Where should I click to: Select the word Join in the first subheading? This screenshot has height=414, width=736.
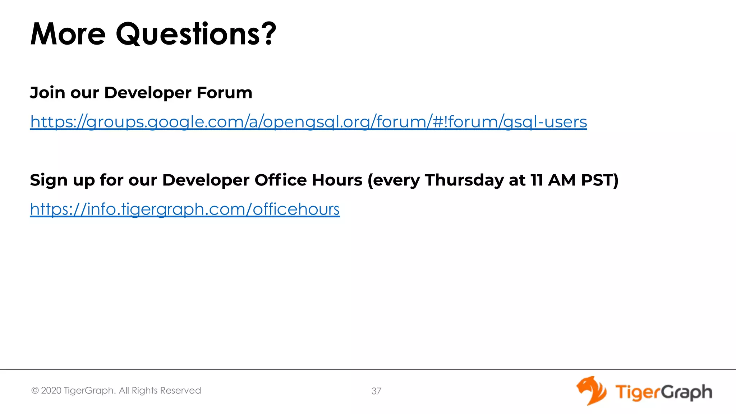tap(47, 93)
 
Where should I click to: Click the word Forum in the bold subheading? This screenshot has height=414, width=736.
tap(225, 93)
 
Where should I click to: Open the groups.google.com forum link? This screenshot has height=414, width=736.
tap(308, 121)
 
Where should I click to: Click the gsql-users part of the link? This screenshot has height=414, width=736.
tap(545, 121)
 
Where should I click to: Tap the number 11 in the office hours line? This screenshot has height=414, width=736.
tap(537, 180)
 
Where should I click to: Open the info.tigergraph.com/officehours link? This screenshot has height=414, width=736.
tap(185, 209)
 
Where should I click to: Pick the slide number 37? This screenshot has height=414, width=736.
tap(376, 391)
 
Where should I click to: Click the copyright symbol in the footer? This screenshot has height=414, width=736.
tap(35, 391)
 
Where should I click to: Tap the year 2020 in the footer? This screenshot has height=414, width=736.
tap(51, 391)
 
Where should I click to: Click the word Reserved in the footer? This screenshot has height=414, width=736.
tap(180, 391)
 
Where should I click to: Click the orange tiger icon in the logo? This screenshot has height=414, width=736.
tap(592, 391)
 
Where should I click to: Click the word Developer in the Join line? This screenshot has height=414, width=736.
tap(148, 93)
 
